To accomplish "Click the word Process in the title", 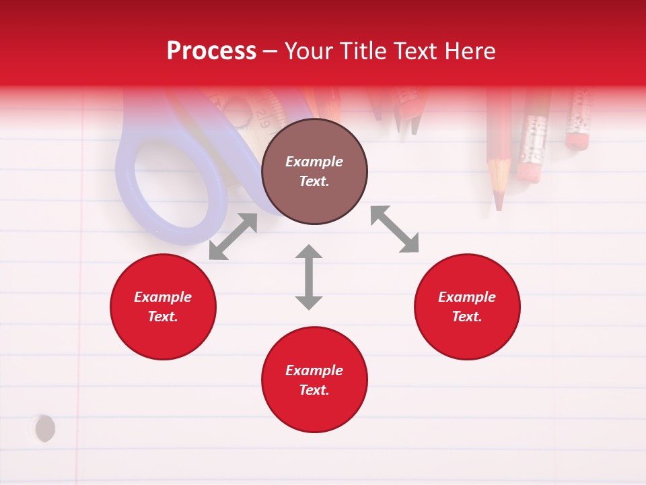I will [211, 51].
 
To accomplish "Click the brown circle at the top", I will [314, 172].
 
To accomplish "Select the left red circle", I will [163, 306].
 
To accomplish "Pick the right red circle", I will [467, 306].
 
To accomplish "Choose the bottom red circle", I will [314, 379].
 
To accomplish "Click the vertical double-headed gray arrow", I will [309, 277].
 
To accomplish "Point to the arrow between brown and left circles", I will [233, 236].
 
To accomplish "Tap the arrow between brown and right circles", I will [394, 229].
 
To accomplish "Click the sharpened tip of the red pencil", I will [499, 202].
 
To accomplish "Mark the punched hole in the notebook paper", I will [44, 428].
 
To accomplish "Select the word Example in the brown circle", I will [314, 162].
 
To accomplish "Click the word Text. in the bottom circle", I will [314, 390].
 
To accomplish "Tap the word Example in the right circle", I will [467, 297].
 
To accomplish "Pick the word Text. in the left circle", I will [163, 317].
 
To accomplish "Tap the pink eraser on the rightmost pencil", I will [577, 140].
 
